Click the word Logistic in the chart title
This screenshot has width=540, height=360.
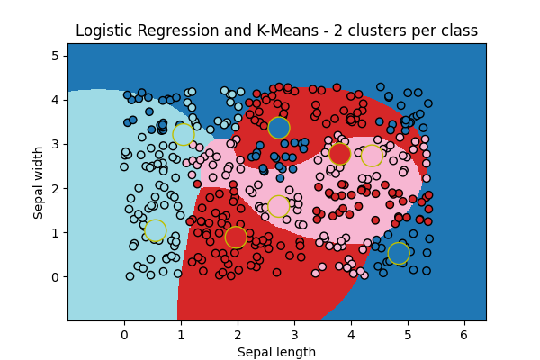coord(104,31)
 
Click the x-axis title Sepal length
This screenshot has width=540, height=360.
coord(276,352)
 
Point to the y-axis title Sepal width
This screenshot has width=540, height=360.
coord(39,182)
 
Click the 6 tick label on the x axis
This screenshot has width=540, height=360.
coord(464,335)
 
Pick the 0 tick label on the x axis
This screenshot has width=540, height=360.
coord(124,335)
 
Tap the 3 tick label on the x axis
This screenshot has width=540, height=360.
coord(294,335)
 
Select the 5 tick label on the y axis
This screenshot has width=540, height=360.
coord(55,56)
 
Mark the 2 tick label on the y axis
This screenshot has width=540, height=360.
coord(55,188)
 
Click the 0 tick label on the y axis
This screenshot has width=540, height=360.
coord(55,277)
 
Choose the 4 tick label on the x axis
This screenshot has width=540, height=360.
coord(351,335)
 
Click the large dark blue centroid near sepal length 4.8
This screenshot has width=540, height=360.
coord(399,253)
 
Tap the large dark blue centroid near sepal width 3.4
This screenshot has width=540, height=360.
coord(279,128)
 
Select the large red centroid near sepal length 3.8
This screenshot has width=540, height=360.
coord(339,154)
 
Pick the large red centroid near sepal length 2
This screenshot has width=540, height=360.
coord(236,237)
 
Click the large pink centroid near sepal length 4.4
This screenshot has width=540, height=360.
coord(373,156)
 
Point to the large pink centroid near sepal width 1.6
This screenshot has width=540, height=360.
coord(279,206)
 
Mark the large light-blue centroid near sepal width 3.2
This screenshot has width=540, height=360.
coord(184,134)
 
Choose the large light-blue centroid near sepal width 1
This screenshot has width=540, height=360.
coord(155,230)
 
